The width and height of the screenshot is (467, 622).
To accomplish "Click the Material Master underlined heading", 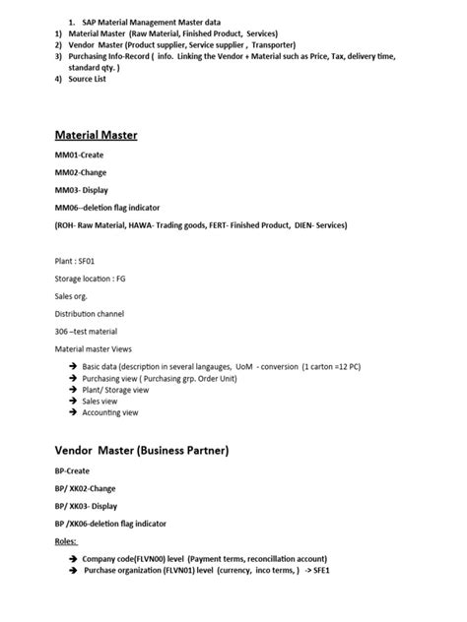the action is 96,135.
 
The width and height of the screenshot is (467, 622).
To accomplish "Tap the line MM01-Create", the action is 80,155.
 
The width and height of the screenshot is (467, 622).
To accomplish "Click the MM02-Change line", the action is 81,172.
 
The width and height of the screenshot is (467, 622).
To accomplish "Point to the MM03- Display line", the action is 82,190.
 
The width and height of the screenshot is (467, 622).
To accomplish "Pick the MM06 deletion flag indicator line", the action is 107,208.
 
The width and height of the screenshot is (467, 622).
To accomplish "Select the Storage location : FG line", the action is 91,279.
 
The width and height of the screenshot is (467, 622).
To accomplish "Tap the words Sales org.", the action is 72,295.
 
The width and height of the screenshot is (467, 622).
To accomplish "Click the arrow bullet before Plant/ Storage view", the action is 73,390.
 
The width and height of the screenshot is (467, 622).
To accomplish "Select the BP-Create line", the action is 72,471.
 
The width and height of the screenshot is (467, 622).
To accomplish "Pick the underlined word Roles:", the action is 66,541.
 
